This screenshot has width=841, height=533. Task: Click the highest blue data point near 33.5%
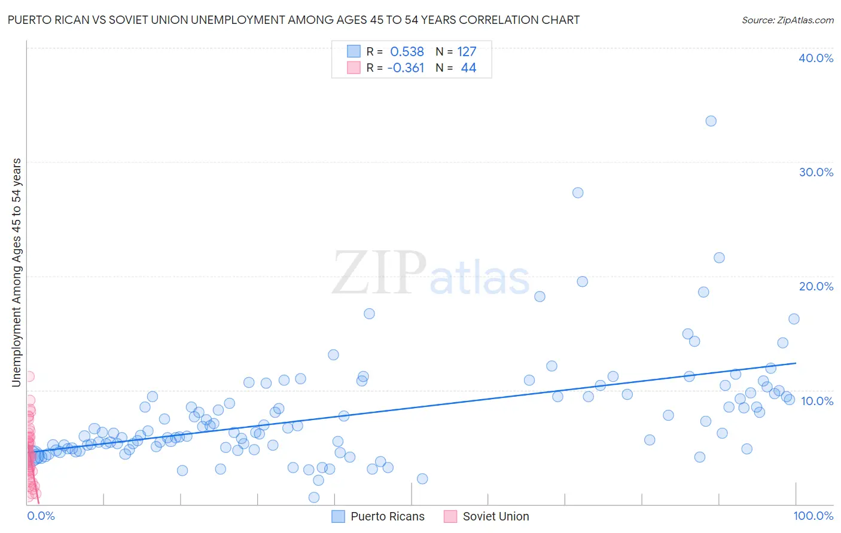711,121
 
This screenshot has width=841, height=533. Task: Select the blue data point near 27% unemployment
578,192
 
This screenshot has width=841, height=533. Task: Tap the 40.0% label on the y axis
816,58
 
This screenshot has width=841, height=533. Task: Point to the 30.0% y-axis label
816,172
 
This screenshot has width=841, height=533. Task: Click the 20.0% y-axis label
816,286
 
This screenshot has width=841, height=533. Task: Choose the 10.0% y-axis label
816,400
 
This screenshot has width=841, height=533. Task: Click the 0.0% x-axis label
41,516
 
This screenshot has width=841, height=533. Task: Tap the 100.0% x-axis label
813,516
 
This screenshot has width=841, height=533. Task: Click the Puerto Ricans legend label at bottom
388,516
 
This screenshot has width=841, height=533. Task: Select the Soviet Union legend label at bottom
496,516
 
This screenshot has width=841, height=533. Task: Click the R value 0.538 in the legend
407,52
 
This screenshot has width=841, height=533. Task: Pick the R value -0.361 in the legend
406,68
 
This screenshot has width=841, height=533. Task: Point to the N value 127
467,52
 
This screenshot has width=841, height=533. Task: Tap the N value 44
468,68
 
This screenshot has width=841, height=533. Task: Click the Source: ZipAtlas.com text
787,20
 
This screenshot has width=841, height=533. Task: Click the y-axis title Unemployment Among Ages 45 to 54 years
16,272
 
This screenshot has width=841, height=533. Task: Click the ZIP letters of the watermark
379,274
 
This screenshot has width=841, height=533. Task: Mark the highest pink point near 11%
29,376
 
